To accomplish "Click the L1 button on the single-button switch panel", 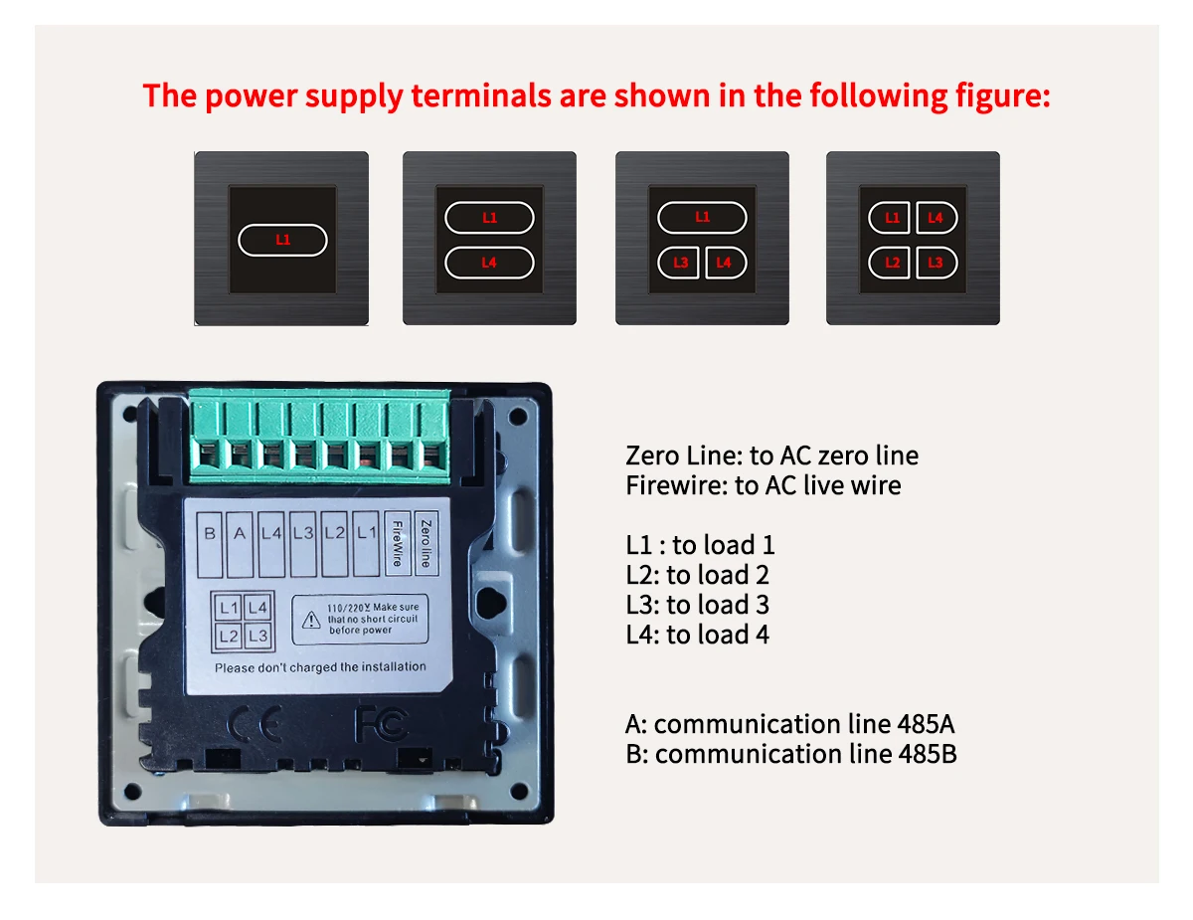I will (282, 240).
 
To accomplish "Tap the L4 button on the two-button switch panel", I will (489, 263).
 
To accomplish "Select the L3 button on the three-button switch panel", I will (680, 263).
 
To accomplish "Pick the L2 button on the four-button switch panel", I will (892, 263).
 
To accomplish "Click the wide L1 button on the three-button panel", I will (702, 217).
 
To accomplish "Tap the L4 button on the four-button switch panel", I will (937, 217).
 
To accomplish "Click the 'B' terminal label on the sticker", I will (210, 534).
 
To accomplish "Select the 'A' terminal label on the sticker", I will (240, 534).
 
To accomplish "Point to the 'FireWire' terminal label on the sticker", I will (397, 543).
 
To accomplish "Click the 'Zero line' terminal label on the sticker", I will (426, 543).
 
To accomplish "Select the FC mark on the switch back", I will (382, 724).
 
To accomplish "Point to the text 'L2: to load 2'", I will (697, 575).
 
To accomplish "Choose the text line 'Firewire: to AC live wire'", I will (763, 485).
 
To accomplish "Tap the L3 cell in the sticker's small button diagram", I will (257, 636).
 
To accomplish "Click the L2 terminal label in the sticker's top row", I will (334, 534).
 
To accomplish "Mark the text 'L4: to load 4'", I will (697, 635).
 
